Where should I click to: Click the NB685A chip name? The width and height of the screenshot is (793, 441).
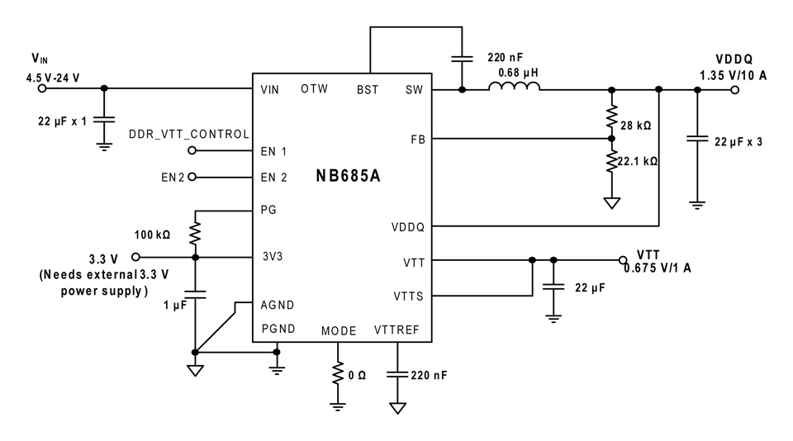(348, 175)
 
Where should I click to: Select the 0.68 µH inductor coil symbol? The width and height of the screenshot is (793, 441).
(514, 86)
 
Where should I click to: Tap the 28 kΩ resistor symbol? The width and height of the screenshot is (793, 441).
(611, 117)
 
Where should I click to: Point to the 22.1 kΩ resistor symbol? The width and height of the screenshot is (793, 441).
(611, 161)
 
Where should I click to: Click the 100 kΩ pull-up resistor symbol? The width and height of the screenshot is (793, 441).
(195, 235)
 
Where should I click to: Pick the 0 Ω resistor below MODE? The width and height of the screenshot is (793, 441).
(338, 374)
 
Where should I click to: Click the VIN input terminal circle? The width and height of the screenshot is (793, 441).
(42, 88)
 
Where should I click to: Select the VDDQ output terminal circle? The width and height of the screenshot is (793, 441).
(735, 90)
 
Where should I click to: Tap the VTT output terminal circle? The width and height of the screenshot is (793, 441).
(623, 260)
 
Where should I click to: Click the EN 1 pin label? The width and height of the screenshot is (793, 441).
(273, 151)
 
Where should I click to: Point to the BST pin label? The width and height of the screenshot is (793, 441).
(368, 89)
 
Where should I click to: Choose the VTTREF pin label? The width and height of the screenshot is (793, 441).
(396, 330)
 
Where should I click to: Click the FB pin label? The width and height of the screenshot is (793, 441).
(418, 139)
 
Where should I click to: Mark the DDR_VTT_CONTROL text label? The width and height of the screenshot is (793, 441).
(189, 134)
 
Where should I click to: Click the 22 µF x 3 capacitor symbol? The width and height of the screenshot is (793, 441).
(697, 138)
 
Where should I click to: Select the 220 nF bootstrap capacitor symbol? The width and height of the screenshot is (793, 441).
(462, 59)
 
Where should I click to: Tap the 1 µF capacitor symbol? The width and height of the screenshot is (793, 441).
(195, 294)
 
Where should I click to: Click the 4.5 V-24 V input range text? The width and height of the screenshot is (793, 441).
(53, 78)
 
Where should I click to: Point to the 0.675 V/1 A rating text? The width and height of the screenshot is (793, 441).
(657, 268)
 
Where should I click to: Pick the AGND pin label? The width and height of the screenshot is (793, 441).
(278, 305)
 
